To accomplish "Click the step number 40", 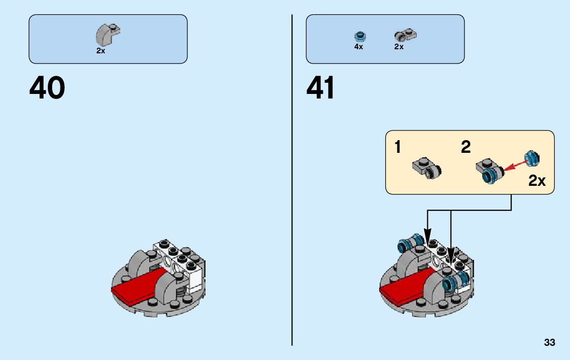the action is [47, 88].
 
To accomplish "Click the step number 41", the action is [321, 88].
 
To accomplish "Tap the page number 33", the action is [549, 343].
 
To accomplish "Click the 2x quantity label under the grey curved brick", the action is [100, 51].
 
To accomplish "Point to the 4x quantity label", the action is [358, 47].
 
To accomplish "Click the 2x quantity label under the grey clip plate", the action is [398, 47].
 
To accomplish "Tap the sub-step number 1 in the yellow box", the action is [398, 148].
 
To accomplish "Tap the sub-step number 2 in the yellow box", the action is [465, 148].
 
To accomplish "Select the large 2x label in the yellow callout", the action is [537, 180].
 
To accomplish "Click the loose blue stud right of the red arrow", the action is [531, 158].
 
